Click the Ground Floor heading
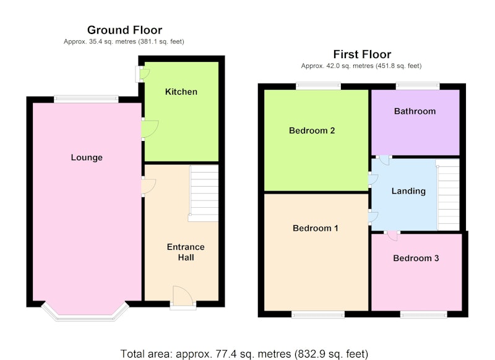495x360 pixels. [x=125, y=30]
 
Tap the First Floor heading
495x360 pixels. [x=362, y=54]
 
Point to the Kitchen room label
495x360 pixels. [x=181, y=92]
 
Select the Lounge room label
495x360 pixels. [x=87, y=158]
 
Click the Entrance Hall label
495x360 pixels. [x=186, y=252]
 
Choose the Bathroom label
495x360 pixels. [x=415, y=111]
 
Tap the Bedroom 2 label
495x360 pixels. [x=312, y=131]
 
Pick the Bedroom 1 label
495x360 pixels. [x=316, y=228]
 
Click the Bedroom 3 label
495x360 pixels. [x=416, y=258]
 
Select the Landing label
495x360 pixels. [x=408, y=191]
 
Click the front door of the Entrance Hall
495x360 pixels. [x=183, y=296]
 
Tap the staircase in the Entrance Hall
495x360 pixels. [x=204, y=193]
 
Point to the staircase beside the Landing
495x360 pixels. [x=447, y=194]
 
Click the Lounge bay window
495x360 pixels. [x=85, y=312]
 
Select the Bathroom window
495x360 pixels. [x=418, y=86]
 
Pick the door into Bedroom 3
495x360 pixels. [x=392, y=236]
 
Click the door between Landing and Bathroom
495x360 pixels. [x=384, y=160]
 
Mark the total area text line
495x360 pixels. [x=244, y=354]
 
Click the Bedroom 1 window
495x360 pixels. [x=318, y=315]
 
